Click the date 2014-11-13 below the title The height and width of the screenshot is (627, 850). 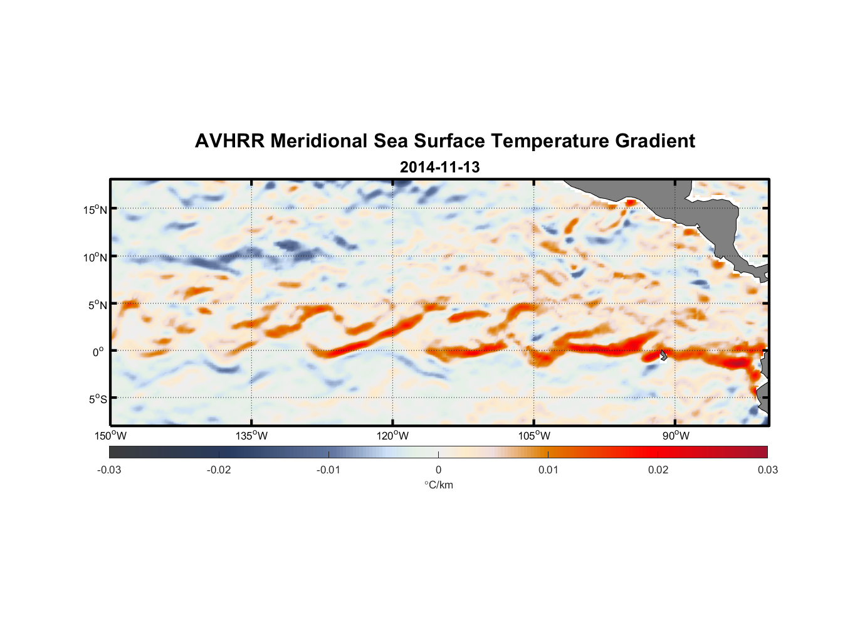click(x=439, y=167)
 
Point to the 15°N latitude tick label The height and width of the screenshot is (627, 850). click(x=95, y=209)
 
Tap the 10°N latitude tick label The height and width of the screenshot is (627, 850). click(x=95, y=257)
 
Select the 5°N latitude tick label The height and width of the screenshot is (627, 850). click(x=97, y=305)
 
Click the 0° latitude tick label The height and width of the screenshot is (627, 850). click(x=98, y=352)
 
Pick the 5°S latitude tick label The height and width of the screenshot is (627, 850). click(x=97, y=399)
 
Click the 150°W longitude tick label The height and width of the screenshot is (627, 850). click(x=111, y=436)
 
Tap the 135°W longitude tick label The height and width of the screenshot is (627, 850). click(x=252, y=436)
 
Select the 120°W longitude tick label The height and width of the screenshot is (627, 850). click(x=393, y=436)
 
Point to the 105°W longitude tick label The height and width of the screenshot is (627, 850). click(x=534, y=436)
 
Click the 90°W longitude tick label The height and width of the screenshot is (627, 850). click(x=675, y=436)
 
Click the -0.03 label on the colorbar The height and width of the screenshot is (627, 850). click(x=109, y=470)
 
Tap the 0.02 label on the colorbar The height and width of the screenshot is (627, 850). click(x=658, y=470)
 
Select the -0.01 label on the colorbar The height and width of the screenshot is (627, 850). click(x=328, y=470)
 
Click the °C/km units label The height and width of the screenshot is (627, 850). click(x=438, y=485)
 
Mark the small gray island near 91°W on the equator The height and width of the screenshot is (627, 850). click(x=663, y=355)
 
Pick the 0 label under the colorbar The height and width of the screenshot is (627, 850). click(x=438, y=470)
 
